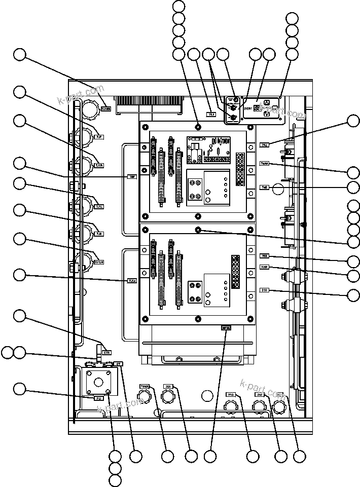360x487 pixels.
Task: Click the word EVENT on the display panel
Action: pos(249,108)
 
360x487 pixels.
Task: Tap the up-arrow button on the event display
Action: pos(267,102)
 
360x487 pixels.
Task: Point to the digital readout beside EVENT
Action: pos(259,108)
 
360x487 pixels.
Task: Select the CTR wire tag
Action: pos(107,352)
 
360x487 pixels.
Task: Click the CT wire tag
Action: pos(119,364)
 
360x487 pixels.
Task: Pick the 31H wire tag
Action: pos(265,290)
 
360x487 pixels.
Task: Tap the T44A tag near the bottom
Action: pos(144,387)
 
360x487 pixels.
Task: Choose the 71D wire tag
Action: pos(231,394)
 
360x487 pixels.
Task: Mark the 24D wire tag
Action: pos(260,394)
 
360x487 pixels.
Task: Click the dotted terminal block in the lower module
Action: pos(235,272)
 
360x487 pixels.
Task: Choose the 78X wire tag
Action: pos(265,256)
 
